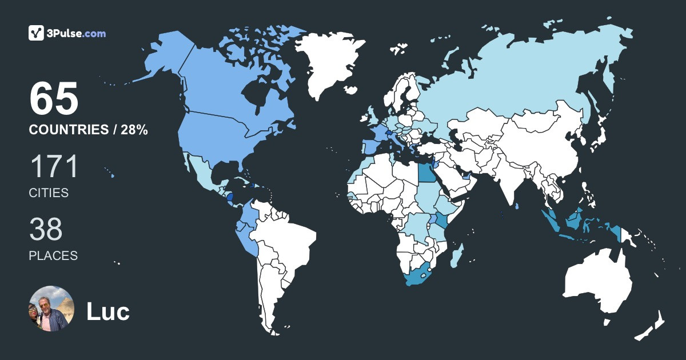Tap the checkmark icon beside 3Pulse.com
pos(37,33)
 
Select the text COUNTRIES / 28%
pos(89,130)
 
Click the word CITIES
pos(49,193)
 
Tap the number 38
pos(46,230)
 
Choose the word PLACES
pos(53,256)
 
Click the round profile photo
pos(51,309)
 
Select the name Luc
pos(108,311)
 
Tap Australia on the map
pos(597,283)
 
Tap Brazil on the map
pos(292,240)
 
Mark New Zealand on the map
pos(652,326)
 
